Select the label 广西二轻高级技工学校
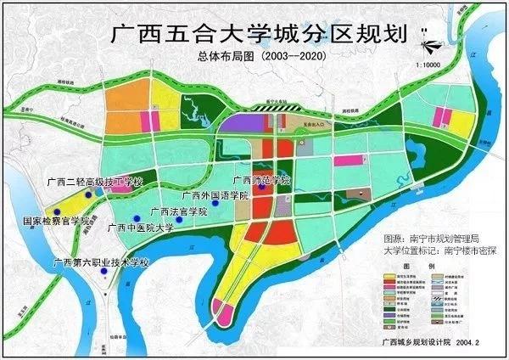pos(98,183)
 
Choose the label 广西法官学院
pos(178,211)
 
